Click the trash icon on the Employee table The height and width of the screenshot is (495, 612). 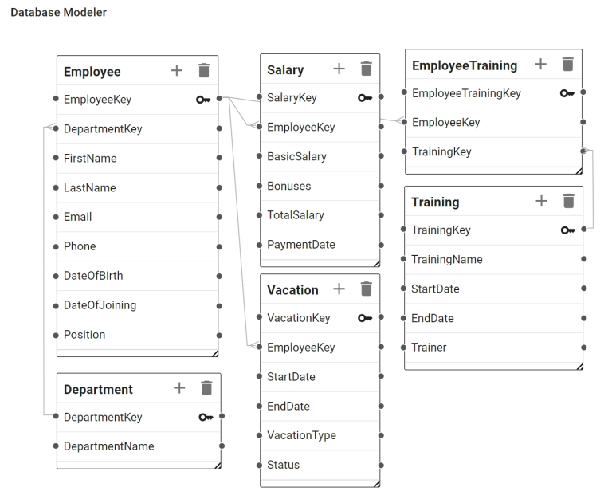(x=204, y=71)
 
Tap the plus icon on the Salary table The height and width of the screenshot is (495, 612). (x=339, y=69)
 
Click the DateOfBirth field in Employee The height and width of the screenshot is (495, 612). (x=93, y=276)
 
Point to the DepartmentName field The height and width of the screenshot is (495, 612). (x=108, y=446)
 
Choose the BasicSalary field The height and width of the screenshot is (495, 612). (x=296, y=157)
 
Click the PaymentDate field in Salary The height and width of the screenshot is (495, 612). (x=301, y=245)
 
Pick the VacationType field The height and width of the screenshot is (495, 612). (x=301, y=435)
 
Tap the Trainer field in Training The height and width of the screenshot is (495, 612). (x=429, y=348)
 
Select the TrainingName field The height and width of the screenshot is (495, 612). (x=446, y=259)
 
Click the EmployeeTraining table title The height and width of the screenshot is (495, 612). (x=464, y=65)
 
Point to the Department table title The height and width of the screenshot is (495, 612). (x=98, y=390)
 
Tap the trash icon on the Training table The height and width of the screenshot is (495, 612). (x=568, y=201)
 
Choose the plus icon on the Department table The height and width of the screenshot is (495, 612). (x=179, y=388)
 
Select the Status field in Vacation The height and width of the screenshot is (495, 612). (x=283, y=465)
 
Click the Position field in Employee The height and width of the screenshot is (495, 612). (x=84, y=335)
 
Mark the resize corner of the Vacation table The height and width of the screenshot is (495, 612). (x=376, y=483)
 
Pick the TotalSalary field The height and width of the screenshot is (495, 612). (x=296, y=215)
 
